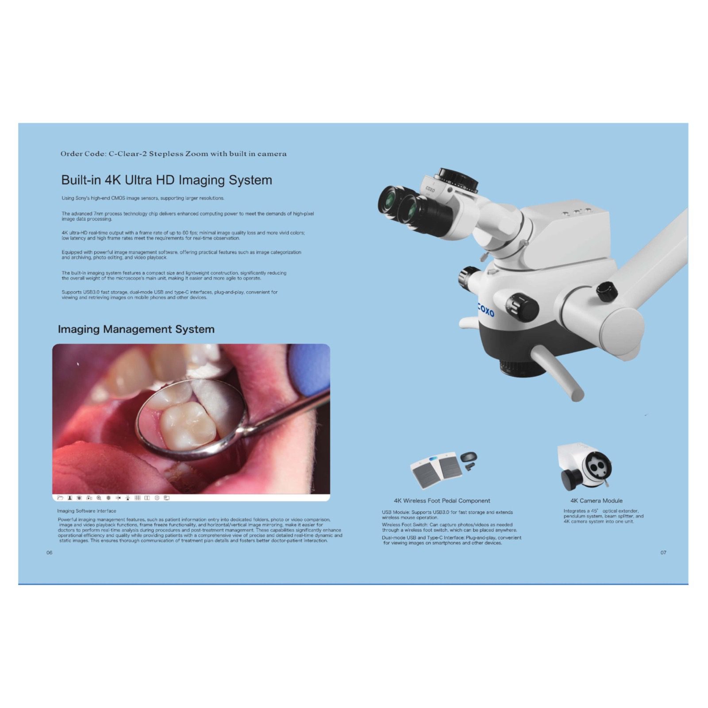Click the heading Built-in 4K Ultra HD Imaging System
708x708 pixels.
(x=166, y=180)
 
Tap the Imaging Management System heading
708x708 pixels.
(x=136, y=329)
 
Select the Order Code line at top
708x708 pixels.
(x=173, y=154)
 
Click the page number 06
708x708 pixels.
(x=50, y=553)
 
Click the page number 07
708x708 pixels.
(x=663, y=553)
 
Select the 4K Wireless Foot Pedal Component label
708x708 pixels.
(x=442, y=501)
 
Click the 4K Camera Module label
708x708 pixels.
(x=596, y=501)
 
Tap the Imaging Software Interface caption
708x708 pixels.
(x=86, y=511)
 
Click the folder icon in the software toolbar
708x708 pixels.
(x=60, y=498)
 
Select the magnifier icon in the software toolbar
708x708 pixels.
(x=99, y=498)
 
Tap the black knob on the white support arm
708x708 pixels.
(x=606, y=291)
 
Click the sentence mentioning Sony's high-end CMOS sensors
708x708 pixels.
(x=143, y=198)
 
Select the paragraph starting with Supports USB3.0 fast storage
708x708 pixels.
(x=169, y=295)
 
